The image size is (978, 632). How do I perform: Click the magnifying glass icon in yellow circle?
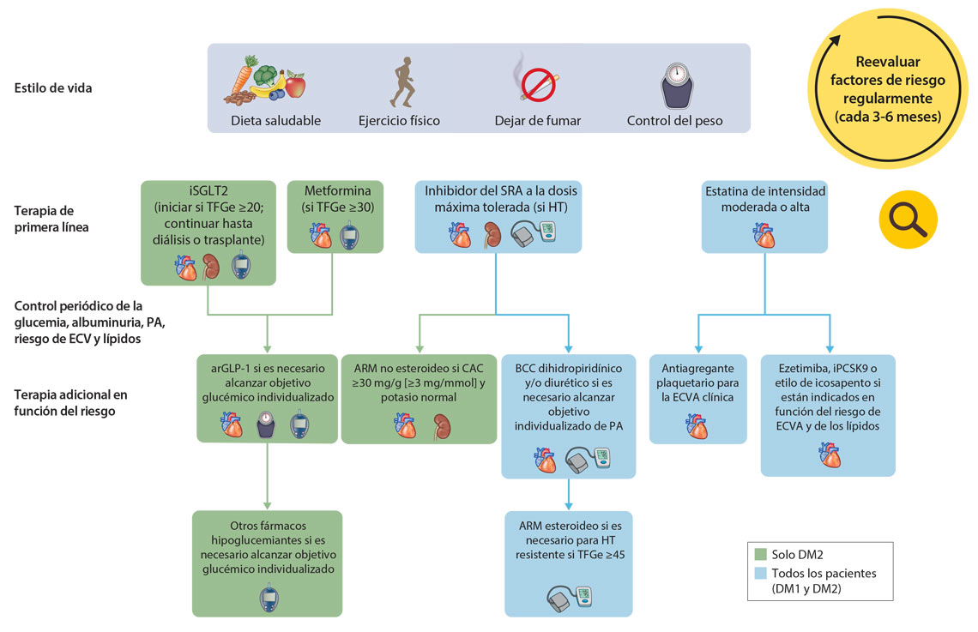[908, 220]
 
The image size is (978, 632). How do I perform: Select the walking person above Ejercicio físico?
[400, 83]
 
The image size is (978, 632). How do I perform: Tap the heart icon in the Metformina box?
[322, 235]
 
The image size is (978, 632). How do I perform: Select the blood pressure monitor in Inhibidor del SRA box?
[537, 234]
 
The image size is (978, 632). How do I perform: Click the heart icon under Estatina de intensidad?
[764, 234]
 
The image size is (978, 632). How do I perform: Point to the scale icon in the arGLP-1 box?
[266, 424]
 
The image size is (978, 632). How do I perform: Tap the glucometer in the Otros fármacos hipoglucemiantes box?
[269, 599]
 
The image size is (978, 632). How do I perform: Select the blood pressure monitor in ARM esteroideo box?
[570, 595]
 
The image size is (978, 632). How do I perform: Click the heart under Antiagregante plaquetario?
[697, 425]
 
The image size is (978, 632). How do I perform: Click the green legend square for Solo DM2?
[759, 554]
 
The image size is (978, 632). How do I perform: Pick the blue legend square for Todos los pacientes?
[759, 574]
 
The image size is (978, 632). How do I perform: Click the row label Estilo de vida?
[53, 87]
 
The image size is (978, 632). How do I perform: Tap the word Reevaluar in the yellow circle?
[888, 62]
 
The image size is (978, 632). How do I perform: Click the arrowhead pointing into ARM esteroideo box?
[569, 505]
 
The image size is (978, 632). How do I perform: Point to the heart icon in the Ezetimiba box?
[829, 454]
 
